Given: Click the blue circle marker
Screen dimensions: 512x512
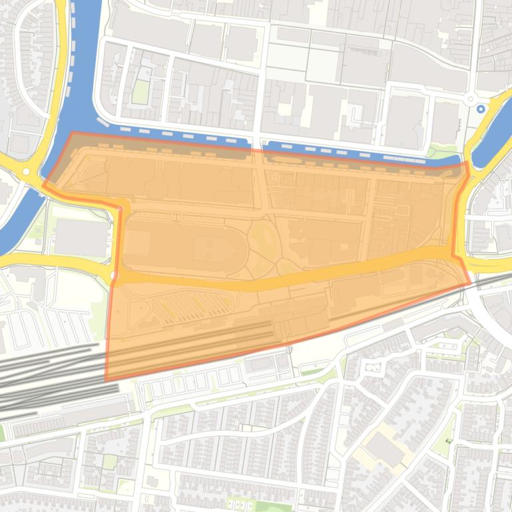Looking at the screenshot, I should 481,108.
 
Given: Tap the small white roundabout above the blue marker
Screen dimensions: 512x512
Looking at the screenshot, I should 470,98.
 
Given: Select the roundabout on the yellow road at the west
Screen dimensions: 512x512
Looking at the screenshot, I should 26,172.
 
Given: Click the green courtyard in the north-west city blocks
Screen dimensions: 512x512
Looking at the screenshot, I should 140,92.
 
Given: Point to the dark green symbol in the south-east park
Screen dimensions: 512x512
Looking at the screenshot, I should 448,440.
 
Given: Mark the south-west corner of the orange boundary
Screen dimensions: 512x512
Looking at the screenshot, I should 106,380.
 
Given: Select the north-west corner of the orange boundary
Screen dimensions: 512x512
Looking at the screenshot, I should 72,133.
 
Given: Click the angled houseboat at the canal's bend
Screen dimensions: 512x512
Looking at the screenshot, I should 103,122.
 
